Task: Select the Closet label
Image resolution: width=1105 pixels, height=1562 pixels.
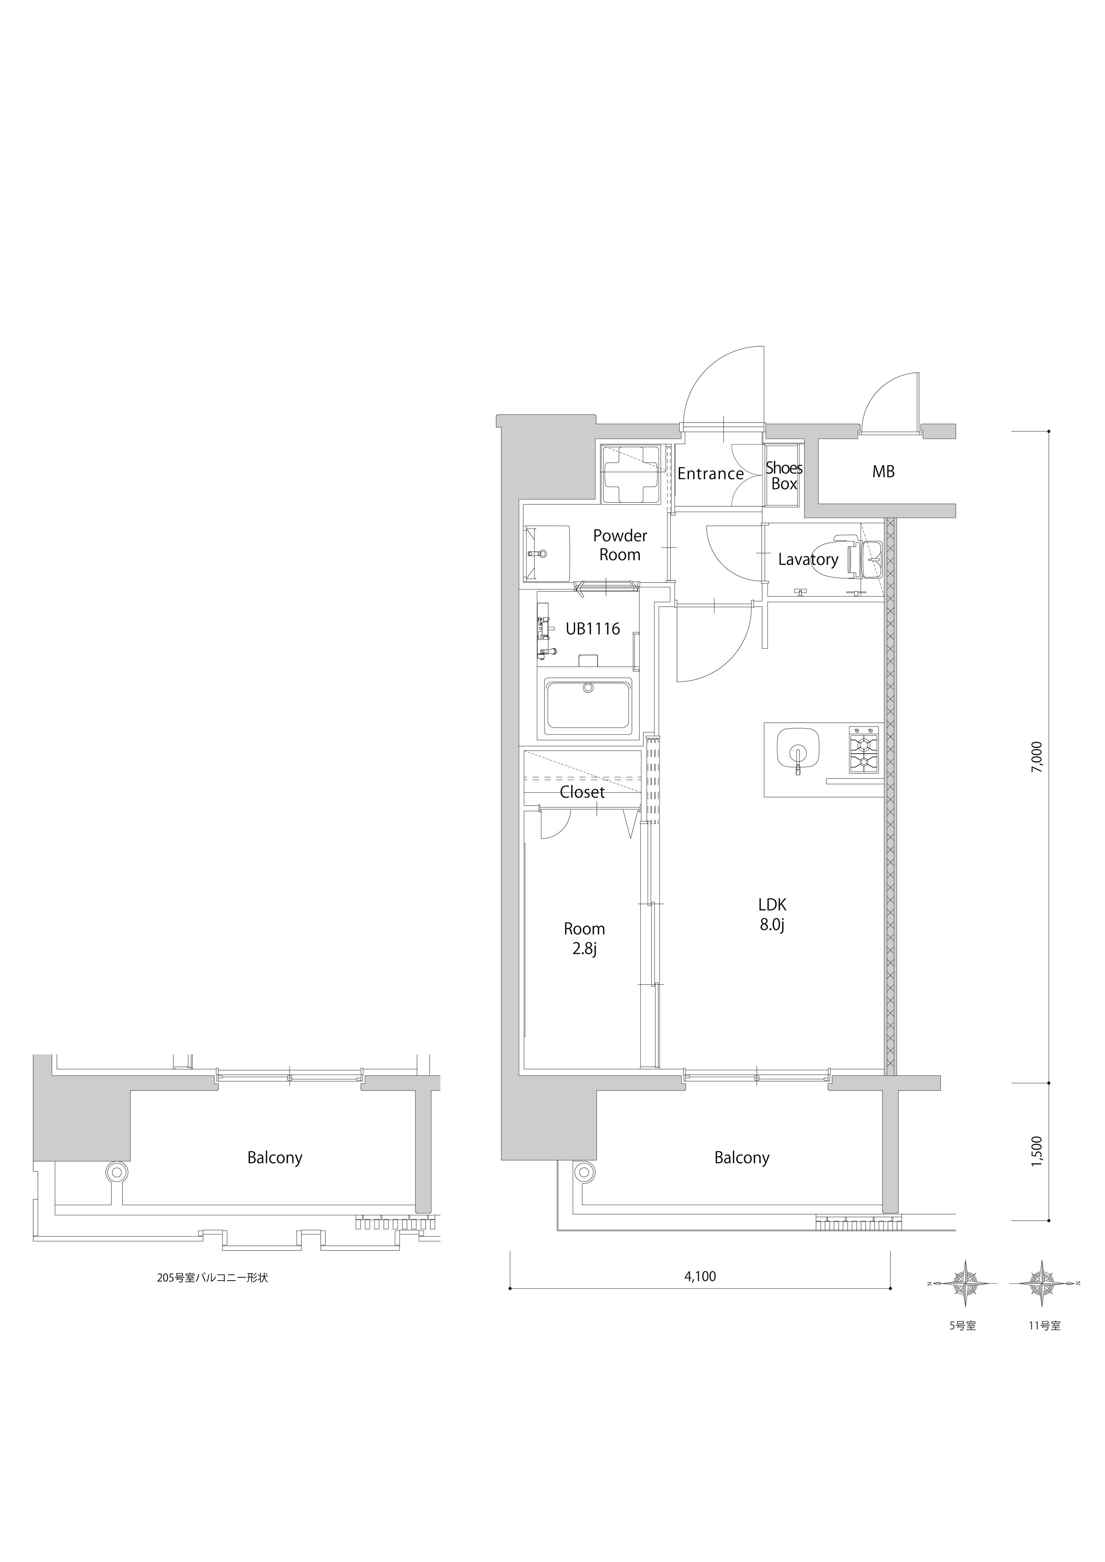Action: (582, 792)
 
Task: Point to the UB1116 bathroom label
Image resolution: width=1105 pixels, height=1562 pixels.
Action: (593, 628)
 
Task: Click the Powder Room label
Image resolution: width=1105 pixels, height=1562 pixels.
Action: (620, 545)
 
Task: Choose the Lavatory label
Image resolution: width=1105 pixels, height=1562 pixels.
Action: (808, 559)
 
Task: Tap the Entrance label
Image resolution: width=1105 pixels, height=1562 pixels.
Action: (710, 473)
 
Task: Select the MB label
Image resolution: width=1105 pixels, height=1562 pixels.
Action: (883, 471)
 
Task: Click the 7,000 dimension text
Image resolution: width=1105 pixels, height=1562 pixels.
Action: (1036, 756)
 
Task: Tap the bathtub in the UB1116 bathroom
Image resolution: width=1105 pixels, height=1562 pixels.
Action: (588, 703)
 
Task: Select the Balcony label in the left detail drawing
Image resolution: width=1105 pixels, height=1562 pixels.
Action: (275, 1157)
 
